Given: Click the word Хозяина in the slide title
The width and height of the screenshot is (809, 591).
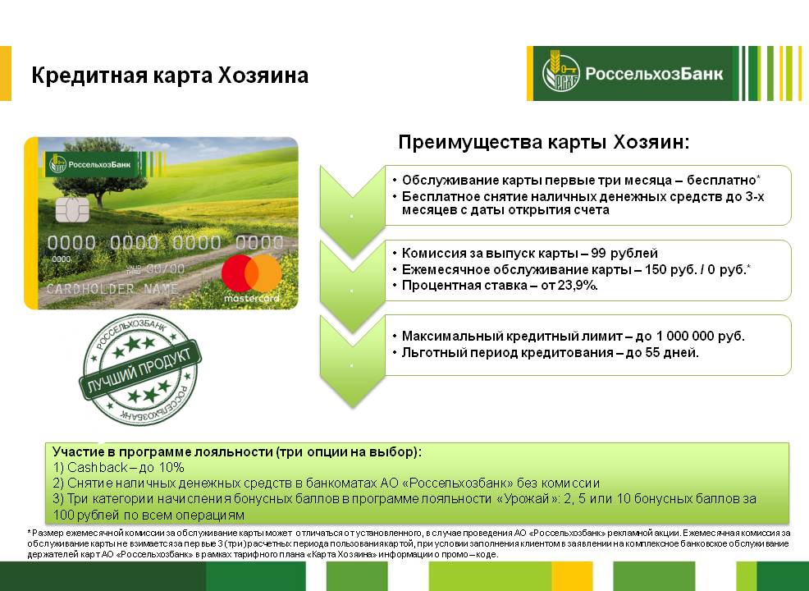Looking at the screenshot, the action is [263, 76].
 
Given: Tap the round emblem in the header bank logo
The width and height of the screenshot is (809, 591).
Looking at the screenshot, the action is [561, 73].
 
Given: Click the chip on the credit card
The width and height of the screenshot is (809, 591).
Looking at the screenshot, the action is [72, 209].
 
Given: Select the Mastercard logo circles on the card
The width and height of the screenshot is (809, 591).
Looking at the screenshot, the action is [252, 273].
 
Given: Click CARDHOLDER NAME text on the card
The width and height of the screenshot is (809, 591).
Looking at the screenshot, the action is [112, 289].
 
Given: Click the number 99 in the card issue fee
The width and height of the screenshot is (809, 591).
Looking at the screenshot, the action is [598, 254].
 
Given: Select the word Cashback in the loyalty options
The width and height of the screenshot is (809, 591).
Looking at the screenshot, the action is [98, 468].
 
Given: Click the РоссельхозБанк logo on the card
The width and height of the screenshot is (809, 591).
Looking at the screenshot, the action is [91, 165].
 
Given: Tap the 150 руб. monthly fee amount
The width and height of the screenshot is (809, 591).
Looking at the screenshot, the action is [670, 269].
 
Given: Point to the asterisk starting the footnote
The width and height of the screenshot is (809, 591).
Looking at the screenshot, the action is [29, 532].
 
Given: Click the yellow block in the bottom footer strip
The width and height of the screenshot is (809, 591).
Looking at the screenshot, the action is [572, 576].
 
